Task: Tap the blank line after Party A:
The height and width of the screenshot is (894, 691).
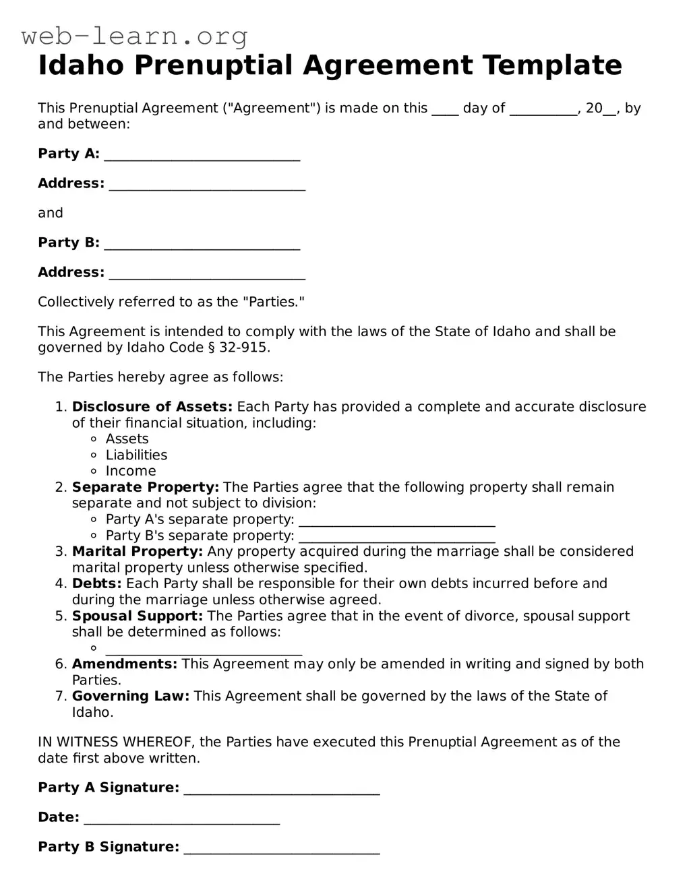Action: [x=202, y=156]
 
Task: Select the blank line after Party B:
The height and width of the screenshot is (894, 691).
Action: [x=202, y=245]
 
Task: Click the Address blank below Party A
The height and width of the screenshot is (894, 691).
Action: [x=207, y=186]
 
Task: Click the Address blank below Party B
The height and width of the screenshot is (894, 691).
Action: [x=207, y=275]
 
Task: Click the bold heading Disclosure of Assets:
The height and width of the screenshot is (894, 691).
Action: [x=152, y=407]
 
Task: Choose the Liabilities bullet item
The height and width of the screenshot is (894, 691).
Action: [x=136, y=455]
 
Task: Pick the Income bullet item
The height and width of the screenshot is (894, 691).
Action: [x=131, y=472]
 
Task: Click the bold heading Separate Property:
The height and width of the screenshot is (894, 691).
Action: [x=145, y=487]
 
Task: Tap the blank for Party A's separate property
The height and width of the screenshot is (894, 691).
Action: [x=396, y=521]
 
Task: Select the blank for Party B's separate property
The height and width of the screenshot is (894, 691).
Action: [x=396, y=538]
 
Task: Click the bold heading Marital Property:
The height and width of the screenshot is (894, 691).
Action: [x=137, y=552]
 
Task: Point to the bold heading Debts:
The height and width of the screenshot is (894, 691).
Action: [x=96, y=583]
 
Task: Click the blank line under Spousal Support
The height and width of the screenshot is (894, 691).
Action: [x=204, y=650]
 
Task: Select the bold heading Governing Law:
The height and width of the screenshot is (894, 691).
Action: [x=130, y=696]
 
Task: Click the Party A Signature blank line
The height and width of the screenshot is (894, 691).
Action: [x=282, y=790]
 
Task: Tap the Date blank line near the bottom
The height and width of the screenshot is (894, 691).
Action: [x=181, y=820]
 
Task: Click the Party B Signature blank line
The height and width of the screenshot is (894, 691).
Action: [x=282, y=850]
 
